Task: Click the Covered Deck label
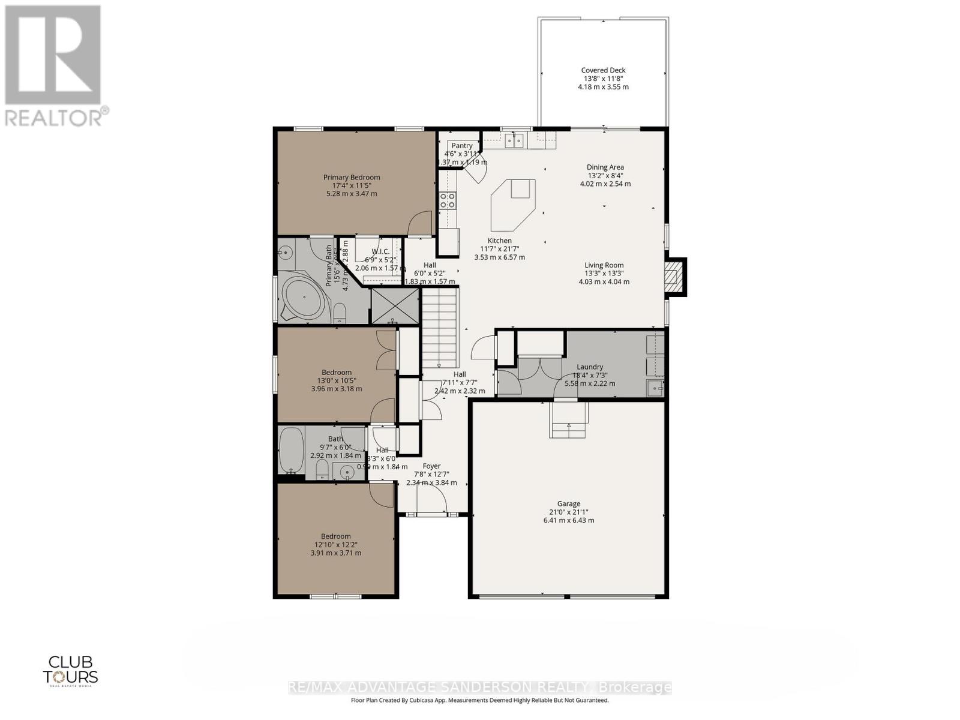(x=603, y=70)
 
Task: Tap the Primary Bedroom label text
(x=352, y=177)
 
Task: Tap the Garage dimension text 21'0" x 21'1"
(x=568, y=512)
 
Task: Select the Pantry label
(x=462, y=146)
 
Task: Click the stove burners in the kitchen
(x=448, y=200)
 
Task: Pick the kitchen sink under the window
(x=514, y=140)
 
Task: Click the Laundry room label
(x=590, y=367)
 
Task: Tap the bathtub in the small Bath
(x=292, y=450)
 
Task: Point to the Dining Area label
(x=605, y=167)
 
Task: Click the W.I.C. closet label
(x=380, y=251)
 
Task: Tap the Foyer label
(x=431, y=466)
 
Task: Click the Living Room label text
(x=604, y=265)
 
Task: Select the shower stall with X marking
(x=394, y=306)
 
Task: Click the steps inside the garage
(x=569, y=423)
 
